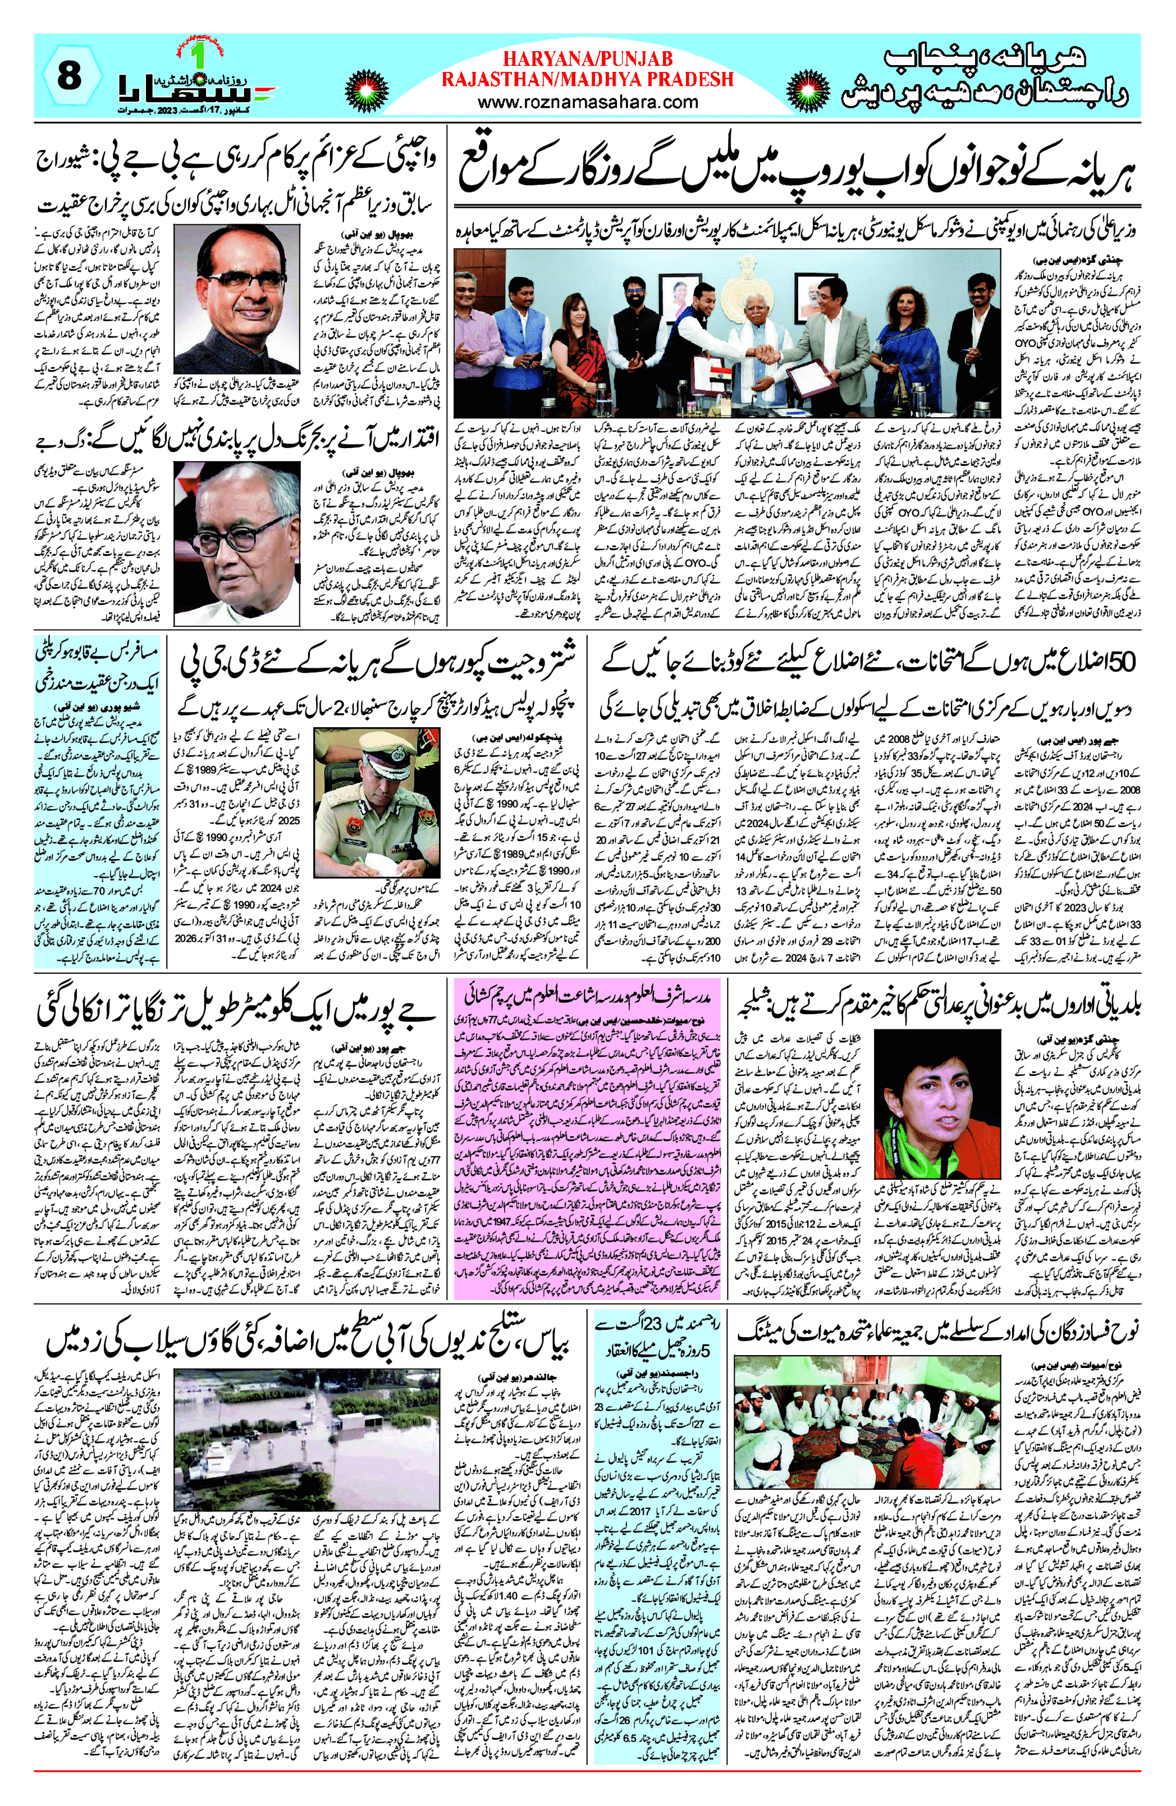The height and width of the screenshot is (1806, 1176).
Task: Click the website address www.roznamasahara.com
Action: click(x=588, y=102)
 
